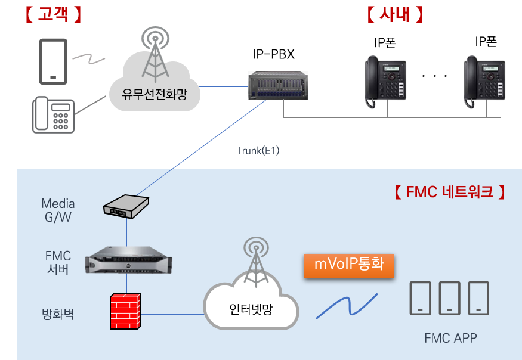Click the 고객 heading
click(52, 15)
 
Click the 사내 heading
click(394, 15)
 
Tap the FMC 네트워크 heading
click(449, 192)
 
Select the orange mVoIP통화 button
click(349, 265)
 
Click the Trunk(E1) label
click(258, 151)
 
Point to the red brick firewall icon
click(125, 311)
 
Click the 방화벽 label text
click(58, 314)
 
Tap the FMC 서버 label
click(58, 263)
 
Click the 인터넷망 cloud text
click(251, 309)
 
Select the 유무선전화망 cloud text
click(155, 93)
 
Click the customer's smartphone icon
click(54, 62)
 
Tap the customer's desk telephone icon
click(53, 114)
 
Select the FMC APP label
click(450, 339)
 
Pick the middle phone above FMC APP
click(449, 298)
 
